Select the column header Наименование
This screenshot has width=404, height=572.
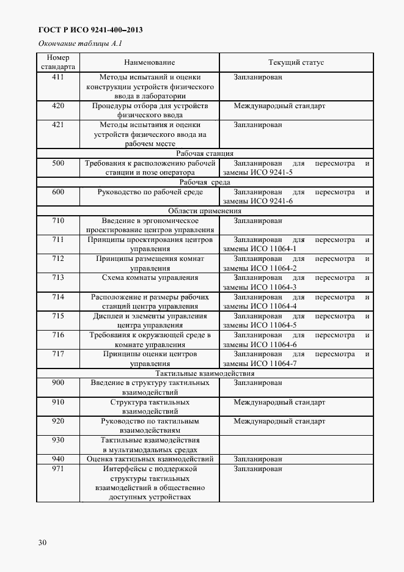149,62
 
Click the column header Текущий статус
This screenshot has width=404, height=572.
296,62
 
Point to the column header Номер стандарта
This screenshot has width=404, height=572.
58,62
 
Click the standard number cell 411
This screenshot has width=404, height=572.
58,78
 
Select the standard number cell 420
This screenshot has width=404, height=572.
58,106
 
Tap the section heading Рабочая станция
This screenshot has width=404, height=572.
205,153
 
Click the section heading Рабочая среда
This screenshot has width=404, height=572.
205,183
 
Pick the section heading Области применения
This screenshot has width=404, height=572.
205,211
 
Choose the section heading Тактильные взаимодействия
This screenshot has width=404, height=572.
205,373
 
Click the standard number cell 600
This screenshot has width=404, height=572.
58,192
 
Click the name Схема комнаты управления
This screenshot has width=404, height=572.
150,278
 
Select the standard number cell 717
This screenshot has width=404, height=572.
58,354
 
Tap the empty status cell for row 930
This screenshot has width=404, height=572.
296,444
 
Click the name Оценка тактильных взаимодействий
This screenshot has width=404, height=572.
150,459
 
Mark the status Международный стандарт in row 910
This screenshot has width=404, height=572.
279,403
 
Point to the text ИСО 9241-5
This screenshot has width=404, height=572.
276,173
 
